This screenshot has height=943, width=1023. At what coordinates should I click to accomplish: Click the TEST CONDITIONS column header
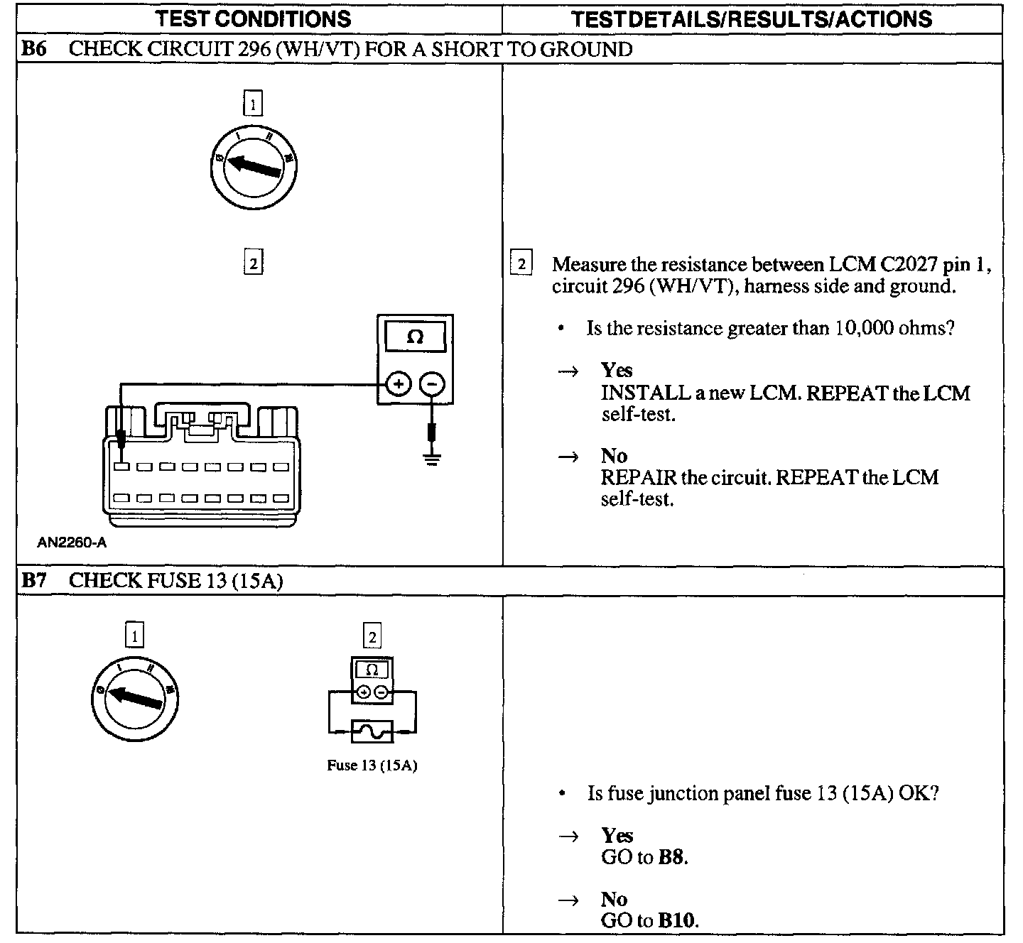point(254,19)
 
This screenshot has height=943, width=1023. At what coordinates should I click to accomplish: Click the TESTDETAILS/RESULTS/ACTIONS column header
point(752,19)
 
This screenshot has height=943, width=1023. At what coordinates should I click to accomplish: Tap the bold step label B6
point(33,49)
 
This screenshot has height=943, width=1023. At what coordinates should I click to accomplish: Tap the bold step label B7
point(33,580)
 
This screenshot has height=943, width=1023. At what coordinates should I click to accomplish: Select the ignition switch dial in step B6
point(253,168)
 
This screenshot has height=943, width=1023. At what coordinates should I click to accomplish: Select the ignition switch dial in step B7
point(134,699)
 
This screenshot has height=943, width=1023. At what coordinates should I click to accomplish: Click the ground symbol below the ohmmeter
point(431,457)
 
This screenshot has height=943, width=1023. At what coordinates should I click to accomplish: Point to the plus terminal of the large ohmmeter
point(399,385)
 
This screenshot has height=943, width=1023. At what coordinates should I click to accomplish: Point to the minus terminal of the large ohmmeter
point(432,385)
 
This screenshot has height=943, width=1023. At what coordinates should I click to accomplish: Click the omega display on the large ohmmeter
point(415,337)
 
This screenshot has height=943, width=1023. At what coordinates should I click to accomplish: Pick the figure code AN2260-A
point(72,543)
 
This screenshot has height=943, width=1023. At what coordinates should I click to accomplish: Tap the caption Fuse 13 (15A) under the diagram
point(372,766)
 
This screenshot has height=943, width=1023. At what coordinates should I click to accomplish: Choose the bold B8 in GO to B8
point(672,857)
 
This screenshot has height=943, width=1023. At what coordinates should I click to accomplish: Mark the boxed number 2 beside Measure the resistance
point(521,264)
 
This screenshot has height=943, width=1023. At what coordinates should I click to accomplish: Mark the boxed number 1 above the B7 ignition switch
point(134,636)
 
